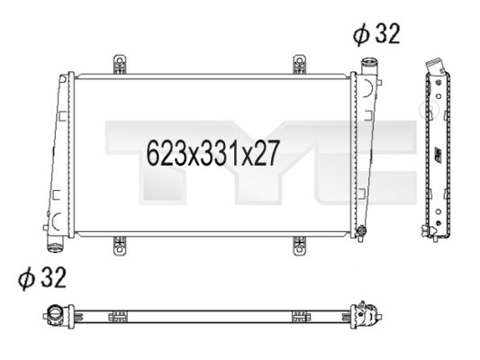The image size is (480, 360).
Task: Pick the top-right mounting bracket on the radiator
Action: pos(300,66)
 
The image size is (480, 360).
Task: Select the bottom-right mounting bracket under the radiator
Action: pos(300,244)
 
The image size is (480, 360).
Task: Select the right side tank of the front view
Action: pos(366,153)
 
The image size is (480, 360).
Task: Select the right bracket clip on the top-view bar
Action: pos(298,315)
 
